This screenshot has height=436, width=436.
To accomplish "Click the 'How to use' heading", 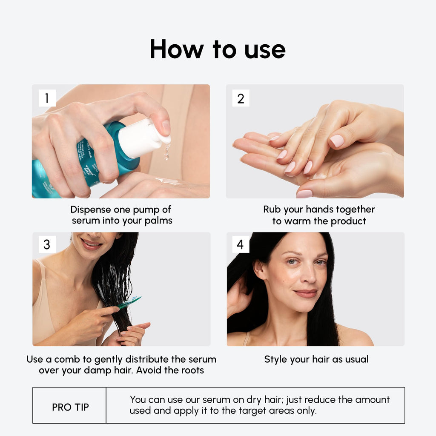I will (218, 49).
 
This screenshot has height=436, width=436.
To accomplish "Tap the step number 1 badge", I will (47, 98).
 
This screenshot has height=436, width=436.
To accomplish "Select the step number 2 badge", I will (241, 98).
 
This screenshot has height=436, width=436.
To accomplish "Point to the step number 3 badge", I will (47, 245).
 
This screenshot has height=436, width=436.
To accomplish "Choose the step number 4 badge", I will (241, 245).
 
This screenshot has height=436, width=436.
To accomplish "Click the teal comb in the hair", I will (129, 302).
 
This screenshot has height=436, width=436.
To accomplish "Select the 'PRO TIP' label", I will (70, 407).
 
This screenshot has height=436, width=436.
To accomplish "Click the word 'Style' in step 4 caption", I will (275, 359).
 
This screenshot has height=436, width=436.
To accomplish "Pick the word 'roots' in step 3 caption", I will (191, 370).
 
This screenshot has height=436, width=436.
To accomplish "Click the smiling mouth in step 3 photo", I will (91, 244).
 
